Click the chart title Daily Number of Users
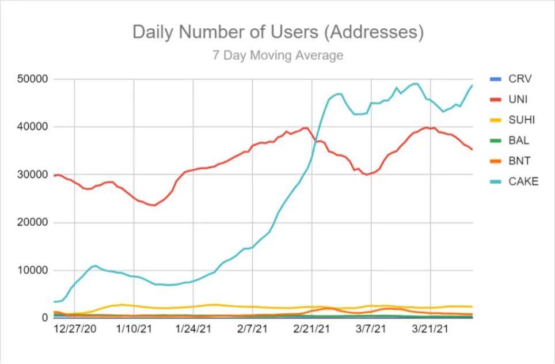[225, 32]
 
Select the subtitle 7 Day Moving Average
[278, 55]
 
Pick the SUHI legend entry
[512, 120]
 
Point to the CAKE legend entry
[514, 181]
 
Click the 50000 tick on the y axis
[32, 79]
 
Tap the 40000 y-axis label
[32, 127]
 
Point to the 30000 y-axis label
[32, 175]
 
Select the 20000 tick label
[32, 222]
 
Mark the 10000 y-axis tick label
[32, 270]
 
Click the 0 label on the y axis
[44, 317]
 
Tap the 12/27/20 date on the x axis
[75, 329]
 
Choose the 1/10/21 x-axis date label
[134, 329]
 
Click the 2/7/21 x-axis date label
[252, 329]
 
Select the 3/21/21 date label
[430, 329]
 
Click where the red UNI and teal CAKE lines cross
[316, 141]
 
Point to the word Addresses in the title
[374, 32]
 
